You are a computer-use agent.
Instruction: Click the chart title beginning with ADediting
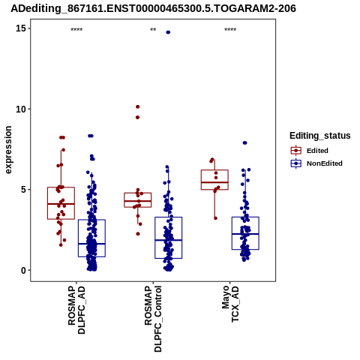(153, 8)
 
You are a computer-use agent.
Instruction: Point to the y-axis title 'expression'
(8, 150)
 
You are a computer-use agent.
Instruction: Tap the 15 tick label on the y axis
(21, 28)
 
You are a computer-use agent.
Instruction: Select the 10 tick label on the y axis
(21, 109)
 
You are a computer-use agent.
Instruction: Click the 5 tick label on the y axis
(23, 190)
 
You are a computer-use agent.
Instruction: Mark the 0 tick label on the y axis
(23, 270)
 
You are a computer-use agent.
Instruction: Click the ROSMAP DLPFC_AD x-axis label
(76, 310)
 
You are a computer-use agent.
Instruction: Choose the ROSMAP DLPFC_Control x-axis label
(153, 319)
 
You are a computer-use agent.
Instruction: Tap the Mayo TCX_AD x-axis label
(230, 304)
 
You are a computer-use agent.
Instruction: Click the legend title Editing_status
(320, 136)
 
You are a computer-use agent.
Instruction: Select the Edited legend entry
(310, 151)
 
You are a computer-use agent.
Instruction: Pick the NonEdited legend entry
(316, 163)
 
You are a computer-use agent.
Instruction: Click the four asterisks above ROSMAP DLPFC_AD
(76, 30)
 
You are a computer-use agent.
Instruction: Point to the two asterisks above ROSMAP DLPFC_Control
(153, 30)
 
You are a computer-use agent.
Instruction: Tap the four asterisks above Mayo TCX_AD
(230, 30)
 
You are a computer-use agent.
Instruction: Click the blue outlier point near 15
(168, 32)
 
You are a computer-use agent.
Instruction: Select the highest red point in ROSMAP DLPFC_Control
(137, 106)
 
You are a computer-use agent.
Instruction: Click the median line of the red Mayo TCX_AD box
(214, 182)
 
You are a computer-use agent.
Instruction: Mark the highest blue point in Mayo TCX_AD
(245, 142)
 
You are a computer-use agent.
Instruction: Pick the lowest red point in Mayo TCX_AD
(215, 218)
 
